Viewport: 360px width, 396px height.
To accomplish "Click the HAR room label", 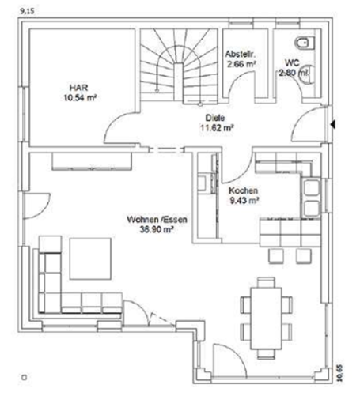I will tap(76, 89).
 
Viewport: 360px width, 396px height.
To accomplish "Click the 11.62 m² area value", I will tap(213, 126).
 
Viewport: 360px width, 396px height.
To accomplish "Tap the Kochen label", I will tap(242, 191).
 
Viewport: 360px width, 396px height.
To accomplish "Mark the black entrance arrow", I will tap(335, 124).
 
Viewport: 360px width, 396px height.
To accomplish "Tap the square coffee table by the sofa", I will tap(90, 257).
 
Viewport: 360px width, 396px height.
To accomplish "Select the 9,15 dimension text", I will tap(10, 11).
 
